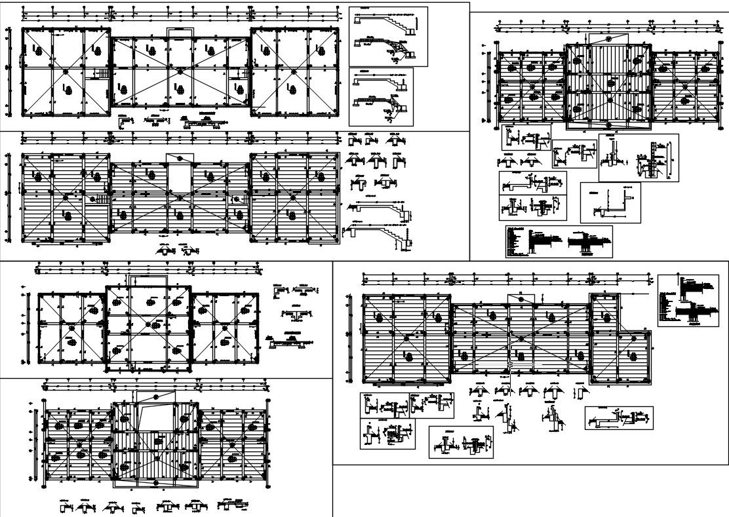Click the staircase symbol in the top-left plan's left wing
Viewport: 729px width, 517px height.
[102, 74]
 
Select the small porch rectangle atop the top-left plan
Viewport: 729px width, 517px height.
[180, 33]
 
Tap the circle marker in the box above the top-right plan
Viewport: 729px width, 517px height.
[608, 39]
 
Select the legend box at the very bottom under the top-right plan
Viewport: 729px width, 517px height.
[559, 241]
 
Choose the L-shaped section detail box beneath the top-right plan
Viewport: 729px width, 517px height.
[610, 202]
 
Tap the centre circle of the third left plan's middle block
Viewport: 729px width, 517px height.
[150, 324]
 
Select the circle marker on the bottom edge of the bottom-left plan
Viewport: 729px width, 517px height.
[156, 483]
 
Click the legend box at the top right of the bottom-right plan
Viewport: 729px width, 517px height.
[686, 300]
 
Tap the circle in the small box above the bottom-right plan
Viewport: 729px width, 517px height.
[520, 299]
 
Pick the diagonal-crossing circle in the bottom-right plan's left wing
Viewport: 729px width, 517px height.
[407, 337]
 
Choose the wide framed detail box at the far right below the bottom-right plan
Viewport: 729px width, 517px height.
[618, 417]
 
